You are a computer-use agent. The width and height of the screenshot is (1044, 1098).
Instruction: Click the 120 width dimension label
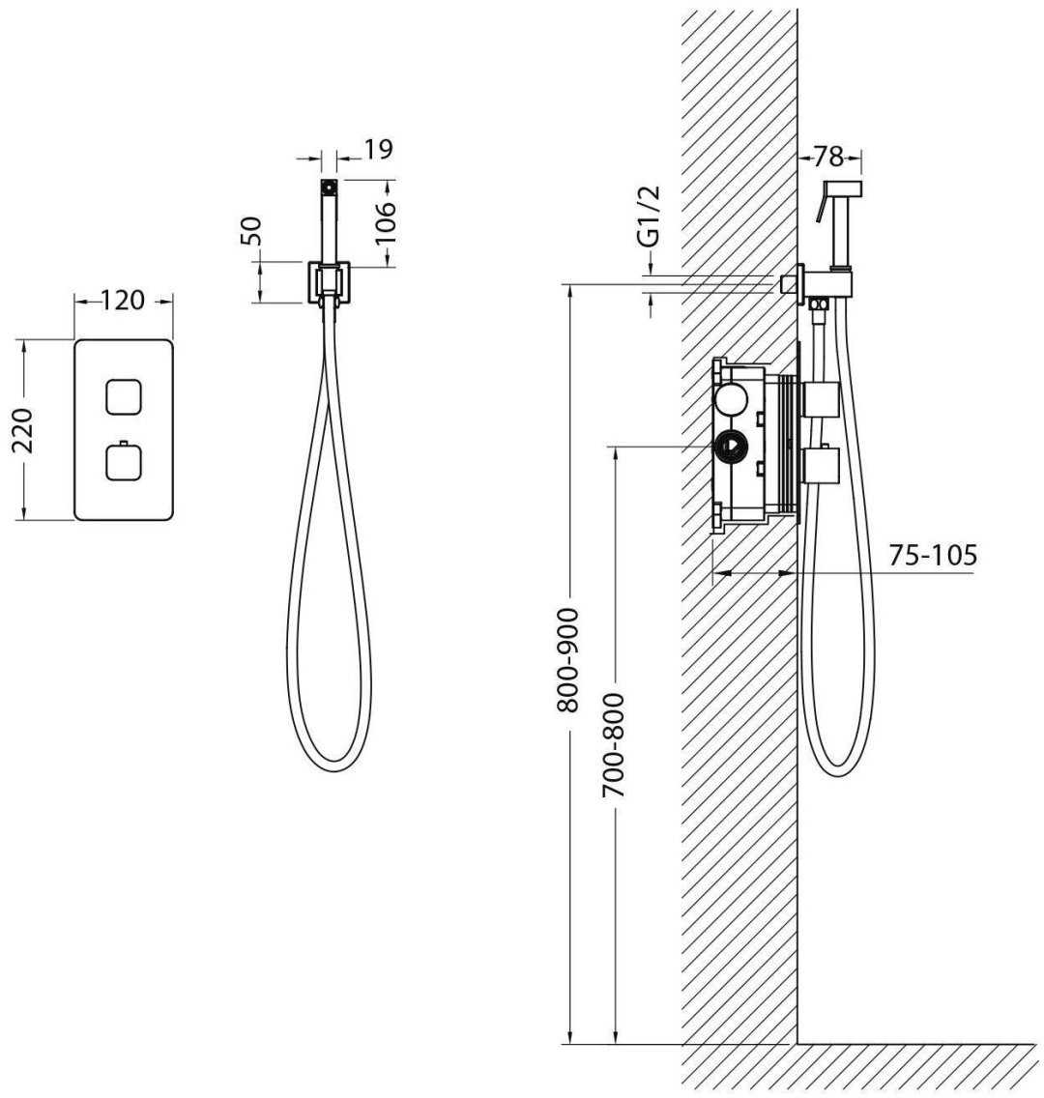tap(123, 301)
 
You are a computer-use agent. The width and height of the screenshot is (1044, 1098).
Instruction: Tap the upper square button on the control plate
tap(124, 397)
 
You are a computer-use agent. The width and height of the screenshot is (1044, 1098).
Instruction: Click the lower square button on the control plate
tap(124, 463)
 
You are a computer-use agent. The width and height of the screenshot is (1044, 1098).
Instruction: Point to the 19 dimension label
tap(379, 149)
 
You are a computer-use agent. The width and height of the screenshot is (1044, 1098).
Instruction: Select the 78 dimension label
tap(828, 157)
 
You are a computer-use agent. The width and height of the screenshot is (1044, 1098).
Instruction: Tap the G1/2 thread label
tap(649, 217)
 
